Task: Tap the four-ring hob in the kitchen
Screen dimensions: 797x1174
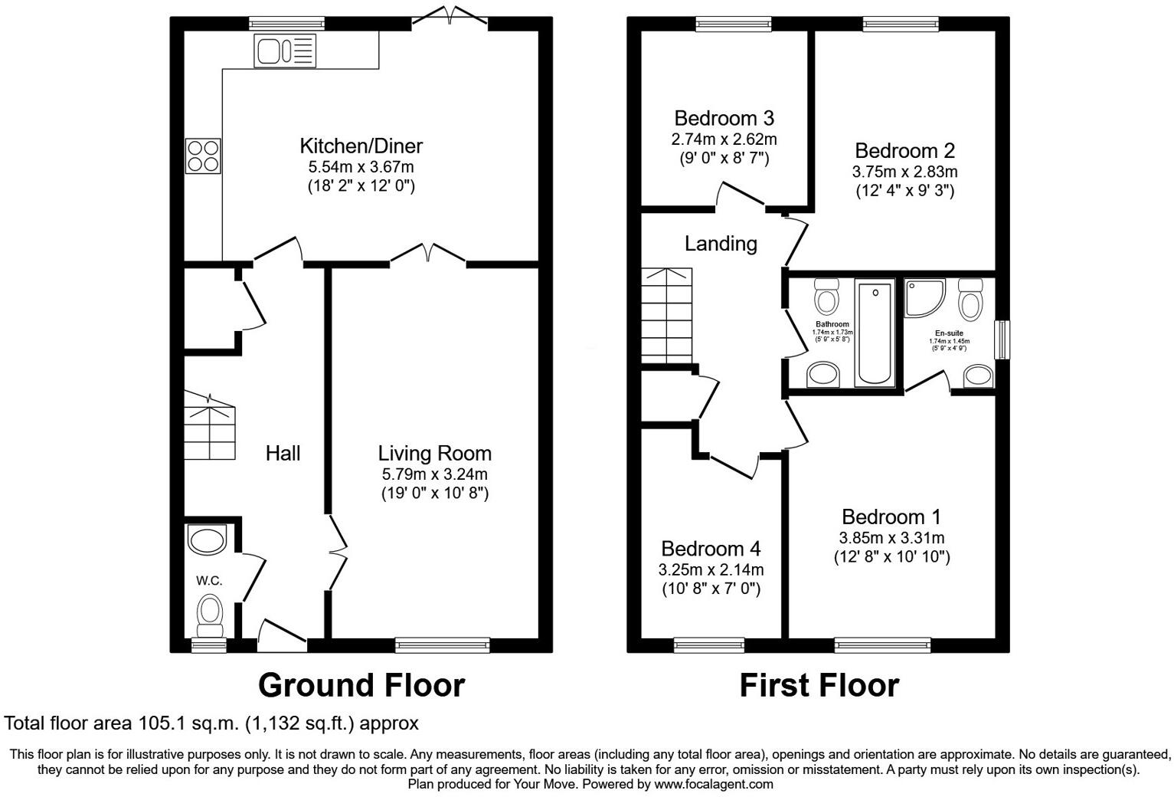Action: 203,156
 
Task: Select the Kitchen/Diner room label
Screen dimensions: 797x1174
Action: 361,145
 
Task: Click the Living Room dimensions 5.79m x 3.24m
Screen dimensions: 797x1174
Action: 434,474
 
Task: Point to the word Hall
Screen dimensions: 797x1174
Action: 283,454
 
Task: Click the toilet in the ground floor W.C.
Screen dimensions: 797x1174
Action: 209,613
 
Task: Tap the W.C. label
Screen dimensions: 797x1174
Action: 208,581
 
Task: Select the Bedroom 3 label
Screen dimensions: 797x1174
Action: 724,118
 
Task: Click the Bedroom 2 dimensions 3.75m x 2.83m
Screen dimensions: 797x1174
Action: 904,172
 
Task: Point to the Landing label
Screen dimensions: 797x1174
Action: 721,244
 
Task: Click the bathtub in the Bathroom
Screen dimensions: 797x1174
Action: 875,333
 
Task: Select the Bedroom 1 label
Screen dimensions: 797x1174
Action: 891,517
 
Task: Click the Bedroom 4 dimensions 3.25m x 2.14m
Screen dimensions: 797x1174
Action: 711,570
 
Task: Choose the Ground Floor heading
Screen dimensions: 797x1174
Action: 361,685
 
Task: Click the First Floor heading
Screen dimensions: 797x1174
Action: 819,685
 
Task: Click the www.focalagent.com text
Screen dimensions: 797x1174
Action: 714,784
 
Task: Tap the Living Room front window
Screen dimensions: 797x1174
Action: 443,645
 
